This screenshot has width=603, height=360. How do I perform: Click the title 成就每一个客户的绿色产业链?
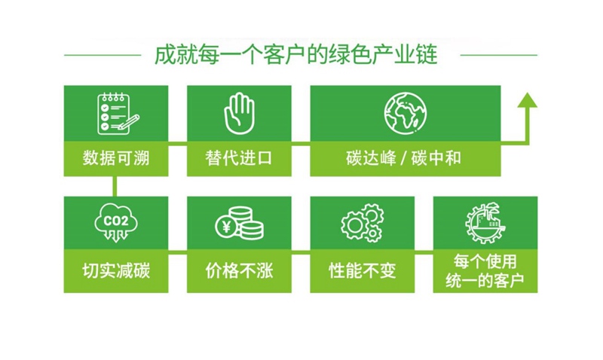point(295,55)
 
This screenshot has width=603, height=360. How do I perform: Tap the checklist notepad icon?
point(118,113)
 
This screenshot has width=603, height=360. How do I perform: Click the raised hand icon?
point(239,113)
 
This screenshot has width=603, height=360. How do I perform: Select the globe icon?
point(406,113)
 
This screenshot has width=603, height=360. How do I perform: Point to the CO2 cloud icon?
point(116,223)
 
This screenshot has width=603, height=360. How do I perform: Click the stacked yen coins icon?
point(239,223)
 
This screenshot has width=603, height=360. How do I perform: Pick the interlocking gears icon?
point(363,223)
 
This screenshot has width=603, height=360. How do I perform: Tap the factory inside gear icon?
point(485,223)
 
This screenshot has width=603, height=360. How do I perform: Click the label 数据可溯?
point(116,158)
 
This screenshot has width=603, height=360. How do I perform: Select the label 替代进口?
point(239,158)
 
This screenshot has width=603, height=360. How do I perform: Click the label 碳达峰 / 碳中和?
point(403,158)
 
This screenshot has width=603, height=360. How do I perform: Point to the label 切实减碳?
point(116,271)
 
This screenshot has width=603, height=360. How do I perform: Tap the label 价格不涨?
point(239,271)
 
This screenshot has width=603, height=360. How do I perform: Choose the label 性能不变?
point(363,271)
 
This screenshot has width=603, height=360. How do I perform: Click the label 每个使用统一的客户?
point(485,271)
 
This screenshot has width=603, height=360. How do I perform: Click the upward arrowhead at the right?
point(527,100)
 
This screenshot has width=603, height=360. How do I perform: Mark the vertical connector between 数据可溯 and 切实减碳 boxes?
point(115,186)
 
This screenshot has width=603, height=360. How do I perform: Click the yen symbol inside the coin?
point(227,226)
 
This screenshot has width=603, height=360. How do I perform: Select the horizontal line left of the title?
point(103,55)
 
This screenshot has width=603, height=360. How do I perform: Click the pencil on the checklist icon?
point(128,121)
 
